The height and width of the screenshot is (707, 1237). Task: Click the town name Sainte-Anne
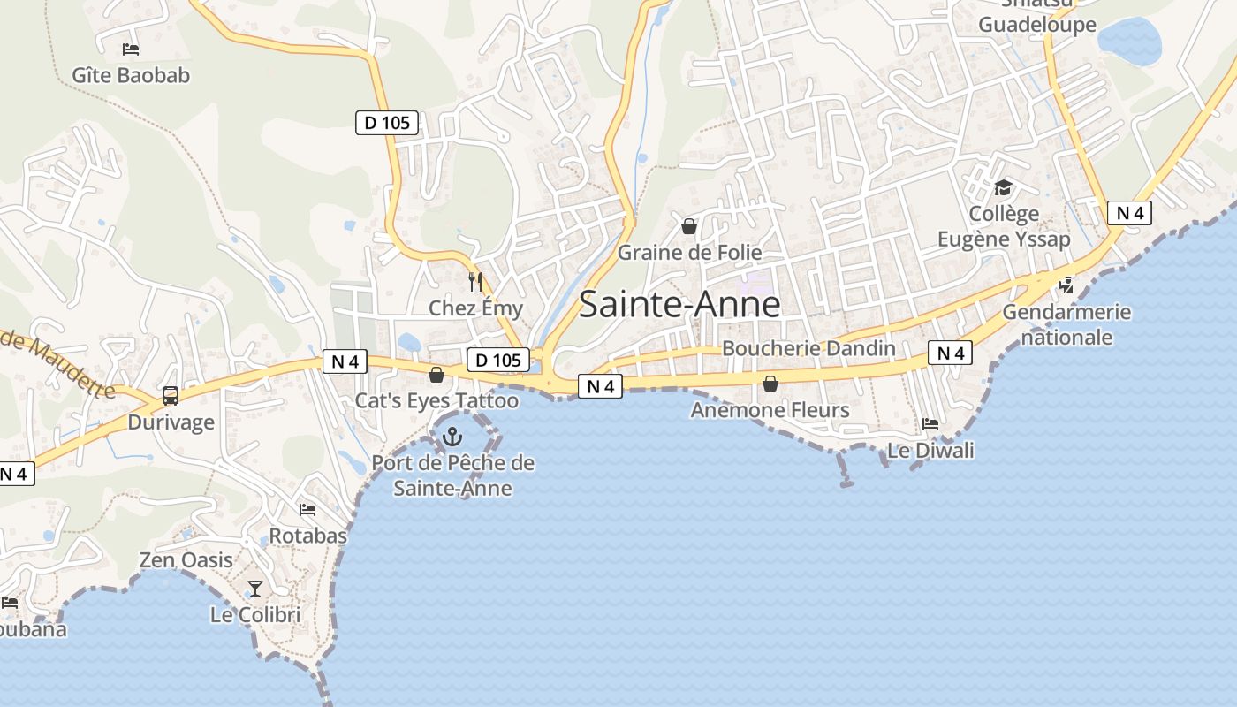coord(679,305)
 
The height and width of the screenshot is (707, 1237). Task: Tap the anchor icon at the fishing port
coord(452,436)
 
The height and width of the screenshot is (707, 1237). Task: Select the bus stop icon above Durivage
coord(171,396)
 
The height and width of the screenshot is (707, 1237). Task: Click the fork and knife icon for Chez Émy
coord(475,282)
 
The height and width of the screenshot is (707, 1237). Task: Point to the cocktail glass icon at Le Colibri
coord(255,588)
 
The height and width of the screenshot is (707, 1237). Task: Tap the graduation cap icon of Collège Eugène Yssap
coord(1003,187)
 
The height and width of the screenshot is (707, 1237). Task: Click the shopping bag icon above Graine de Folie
coord(689,226)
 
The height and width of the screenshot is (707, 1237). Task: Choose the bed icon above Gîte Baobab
coord(131,49)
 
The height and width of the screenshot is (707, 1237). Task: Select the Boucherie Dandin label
coord(808,348)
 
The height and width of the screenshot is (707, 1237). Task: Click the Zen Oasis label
coord(186,560)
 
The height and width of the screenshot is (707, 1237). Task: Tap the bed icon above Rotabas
coord(307,510)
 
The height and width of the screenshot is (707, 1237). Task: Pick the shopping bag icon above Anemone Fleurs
coord(770,384)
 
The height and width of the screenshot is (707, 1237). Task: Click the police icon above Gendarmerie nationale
coord(1066,285)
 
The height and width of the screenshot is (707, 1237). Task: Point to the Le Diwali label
coord(930,451)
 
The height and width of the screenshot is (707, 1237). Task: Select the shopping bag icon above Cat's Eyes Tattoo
coord(436,375)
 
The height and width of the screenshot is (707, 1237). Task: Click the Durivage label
coord(171,422)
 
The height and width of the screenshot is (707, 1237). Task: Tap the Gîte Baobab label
coord(131,76)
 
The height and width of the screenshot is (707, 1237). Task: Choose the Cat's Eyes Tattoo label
coord(436,401)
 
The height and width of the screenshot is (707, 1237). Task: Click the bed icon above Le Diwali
coord(930,424)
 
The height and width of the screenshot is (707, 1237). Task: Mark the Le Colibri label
coord(255,615)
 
